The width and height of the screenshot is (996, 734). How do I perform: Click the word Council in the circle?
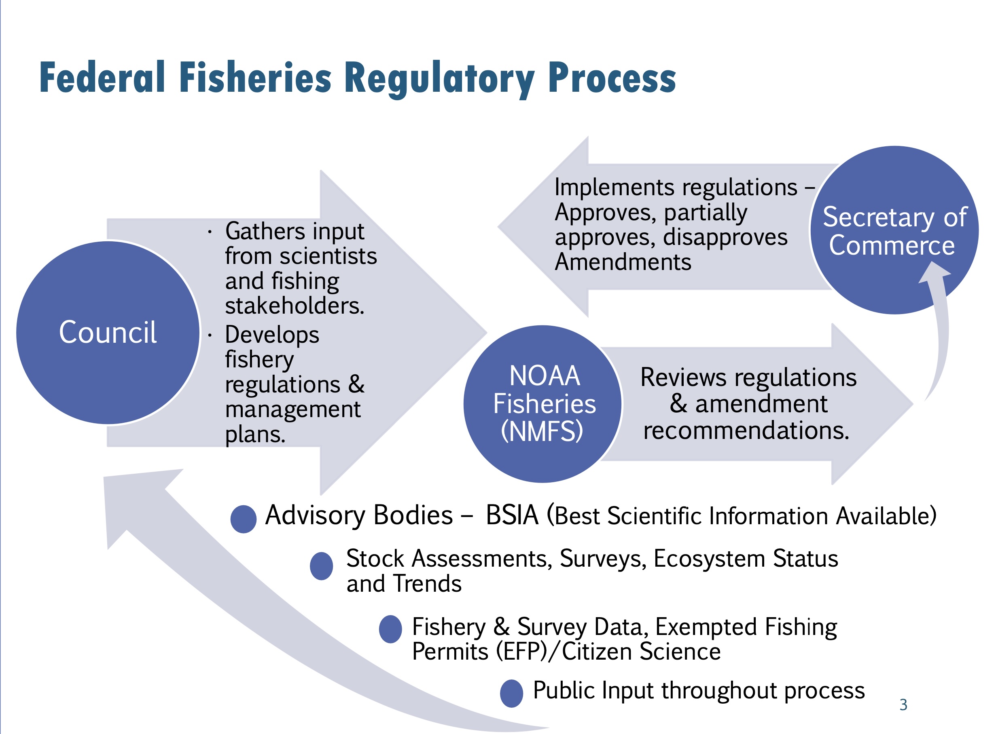click(108, 332)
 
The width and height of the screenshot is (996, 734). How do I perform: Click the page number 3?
click(903, 704)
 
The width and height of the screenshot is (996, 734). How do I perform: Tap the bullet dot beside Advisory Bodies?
click(243, 519)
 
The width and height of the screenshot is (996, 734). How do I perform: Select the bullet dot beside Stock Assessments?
click(321, 566)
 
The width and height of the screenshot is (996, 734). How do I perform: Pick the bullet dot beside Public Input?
click(511, 693)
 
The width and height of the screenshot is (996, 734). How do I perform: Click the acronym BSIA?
click(512, 515)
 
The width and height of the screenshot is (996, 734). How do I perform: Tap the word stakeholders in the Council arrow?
click(295, 306)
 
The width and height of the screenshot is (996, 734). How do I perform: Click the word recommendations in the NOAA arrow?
click(746, 430)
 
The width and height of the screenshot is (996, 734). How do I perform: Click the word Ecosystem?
click(710, 559)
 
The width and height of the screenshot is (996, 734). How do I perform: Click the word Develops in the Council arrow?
click(272, 335)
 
